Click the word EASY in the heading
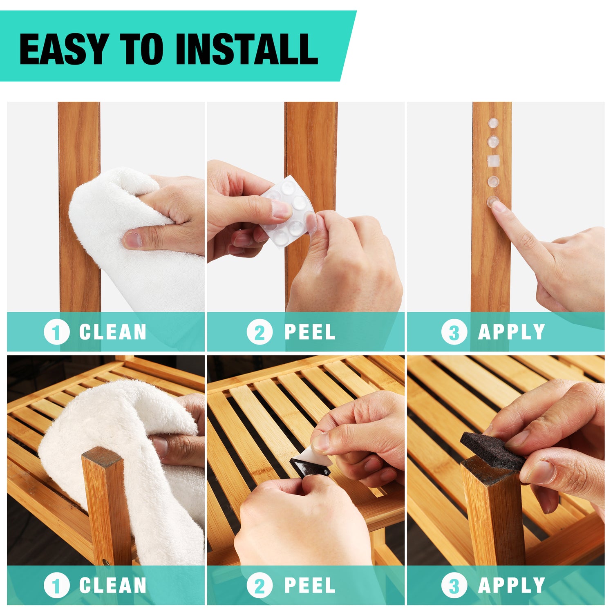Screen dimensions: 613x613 pos(64,49)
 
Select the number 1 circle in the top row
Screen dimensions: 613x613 pos(56,332)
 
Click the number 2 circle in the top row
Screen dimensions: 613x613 pos(260,332)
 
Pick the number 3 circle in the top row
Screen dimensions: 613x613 pos(454,332)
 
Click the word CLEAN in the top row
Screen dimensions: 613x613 pos(113,332)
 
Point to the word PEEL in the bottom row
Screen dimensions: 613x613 pos(310,585)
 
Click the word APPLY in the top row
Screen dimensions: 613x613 pos(512,332)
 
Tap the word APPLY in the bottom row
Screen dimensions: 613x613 pos(512,585)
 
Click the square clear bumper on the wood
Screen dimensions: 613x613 pos(493,161)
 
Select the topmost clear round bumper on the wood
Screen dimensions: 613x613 pos(493,123)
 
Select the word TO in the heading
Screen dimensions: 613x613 pos(141,49)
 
